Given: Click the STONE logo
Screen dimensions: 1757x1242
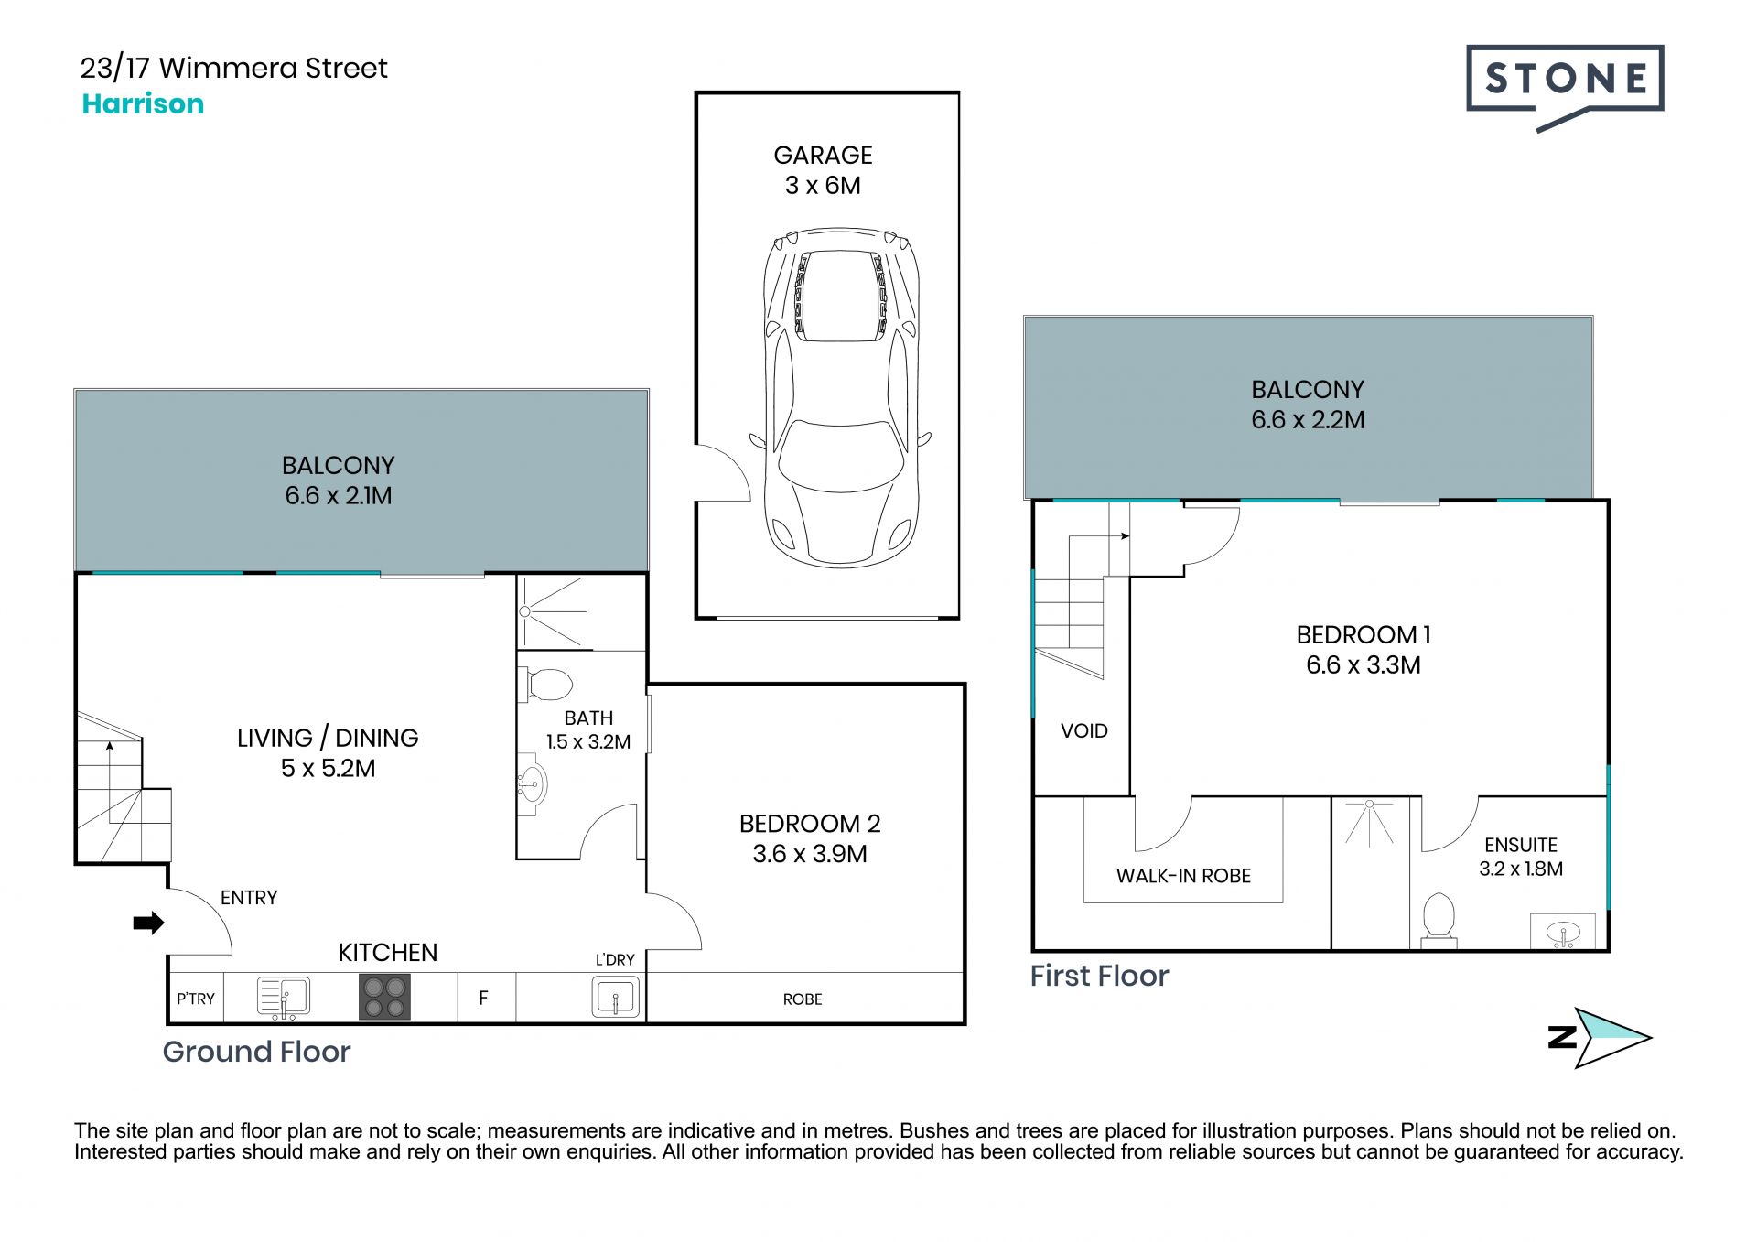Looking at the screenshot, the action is (x=1565, y=87).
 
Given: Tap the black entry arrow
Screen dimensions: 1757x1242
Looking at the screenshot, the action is (x=148, y=923).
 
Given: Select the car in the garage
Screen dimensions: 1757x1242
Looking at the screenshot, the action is (x=841, y=397).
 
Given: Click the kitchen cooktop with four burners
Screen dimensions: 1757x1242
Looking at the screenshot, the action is (x=384, y=997).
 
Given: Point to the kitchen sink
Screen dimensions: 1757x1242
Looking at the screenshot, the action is (x=284, y=997).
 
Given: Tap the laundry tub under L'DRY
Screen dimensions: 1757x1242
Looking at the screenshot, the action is (x=615, y=997).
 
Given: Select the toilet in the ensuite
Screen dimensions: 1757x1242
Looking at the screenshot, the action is (x=1439, y=919).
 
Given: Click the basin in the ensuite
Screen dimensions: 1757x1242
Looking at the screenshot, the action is (x=1563, y=932).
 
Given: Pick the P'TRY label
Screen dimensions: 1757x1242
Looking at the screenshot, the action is (x=196, y=999).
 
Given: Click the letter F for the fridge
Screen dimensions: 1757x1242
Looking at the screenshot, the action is (x=483, y=998).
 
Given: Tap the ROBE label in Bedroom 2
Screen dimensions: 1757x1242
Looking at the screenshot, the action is (x=803, y=999).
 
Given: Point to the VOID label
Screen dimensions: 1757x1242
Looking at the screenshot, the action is (x=1084, y=730).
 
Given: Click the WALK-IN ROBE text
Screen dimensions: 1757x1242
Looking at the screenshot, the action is (x=1183, y=876).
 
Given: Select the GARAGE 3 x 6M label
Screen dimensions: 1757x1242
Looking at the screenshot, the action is (x=823, y=170).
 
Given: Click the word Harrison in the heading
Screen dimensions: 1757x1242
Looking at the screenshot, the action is (x=143, y=103).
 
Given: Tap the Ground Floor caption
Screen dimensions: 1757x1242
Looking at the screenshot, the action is (x=256, y=1053).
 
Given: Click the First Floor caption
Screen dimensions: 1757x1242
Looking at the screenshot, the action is (x=1099, y=976).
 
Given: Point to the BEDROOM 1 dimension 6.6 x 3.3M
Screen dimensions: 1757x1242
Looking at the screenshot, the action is (x=1364, y=664).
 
